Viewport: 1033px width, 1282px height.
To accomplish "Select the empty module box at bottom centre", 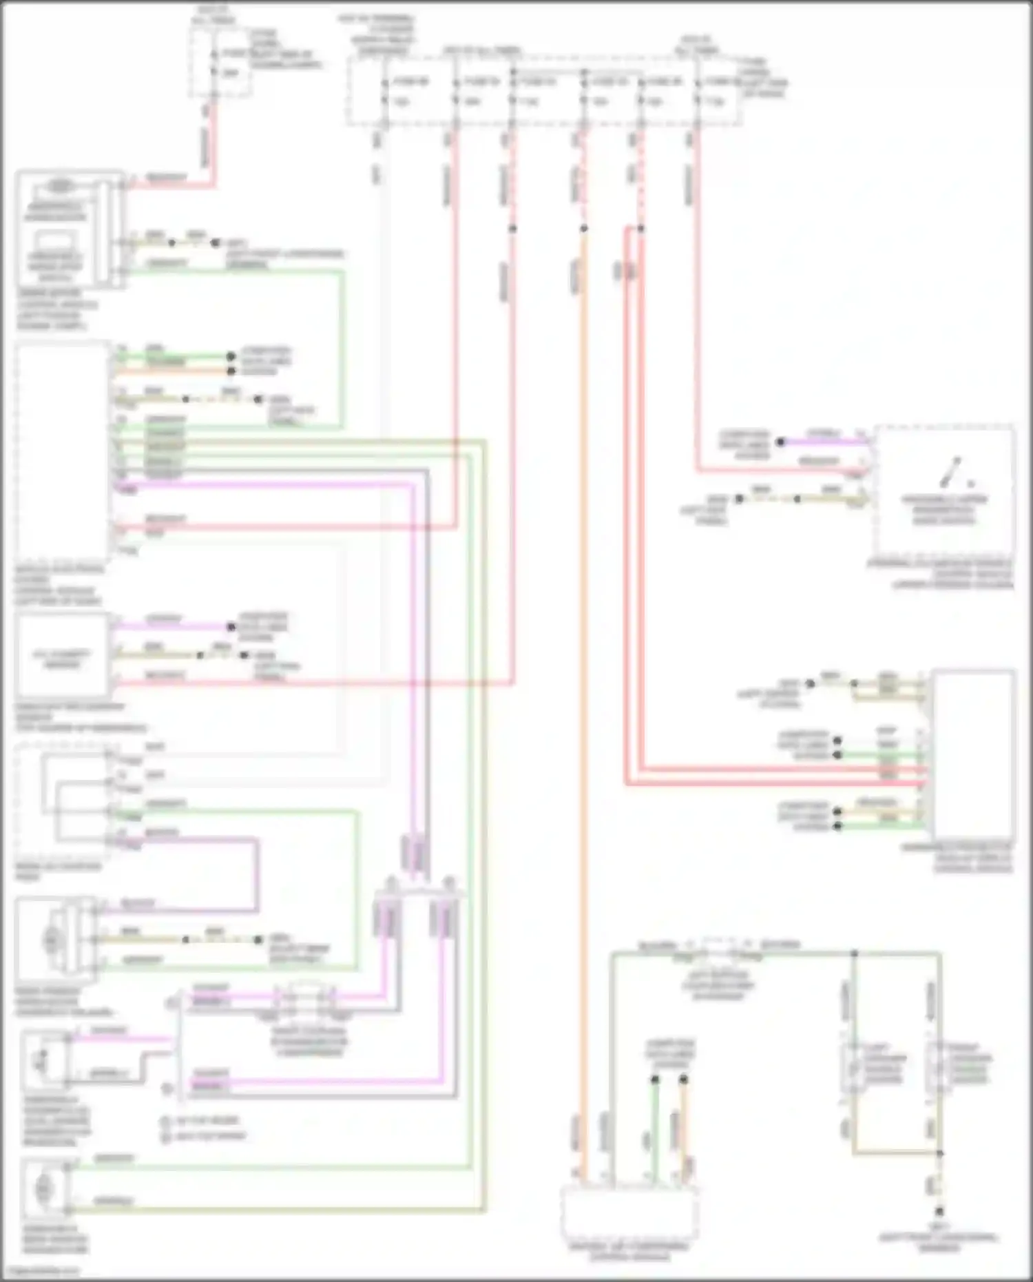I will pos(629,1213).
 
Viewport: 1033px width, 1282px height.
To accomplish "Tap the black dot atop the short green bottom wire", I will pos(655,1079).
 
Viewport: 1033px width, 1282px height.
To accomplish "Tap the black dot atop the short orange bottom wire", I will pos(683,1079).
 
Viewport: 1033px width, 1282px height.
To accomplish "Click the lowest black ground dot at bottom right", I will pos(939,1212).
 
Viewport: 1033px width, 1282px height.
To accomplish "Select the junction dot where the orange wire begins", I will pos(584,229).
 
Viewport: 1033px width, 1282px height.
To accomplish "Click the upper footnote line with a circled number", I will pos(204,1121).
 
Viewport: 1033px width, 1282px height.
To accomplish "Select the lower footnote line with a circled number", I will pos(204,1136).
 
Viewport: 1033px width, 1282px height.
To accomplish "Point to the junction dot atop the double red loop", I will pos(640,229).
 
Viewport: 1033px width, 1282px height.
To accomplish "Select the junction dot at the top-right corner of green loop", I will pos(854,954).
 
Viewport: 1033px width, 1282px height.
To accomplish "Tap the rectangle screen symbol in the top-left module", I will pos(55,242).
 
